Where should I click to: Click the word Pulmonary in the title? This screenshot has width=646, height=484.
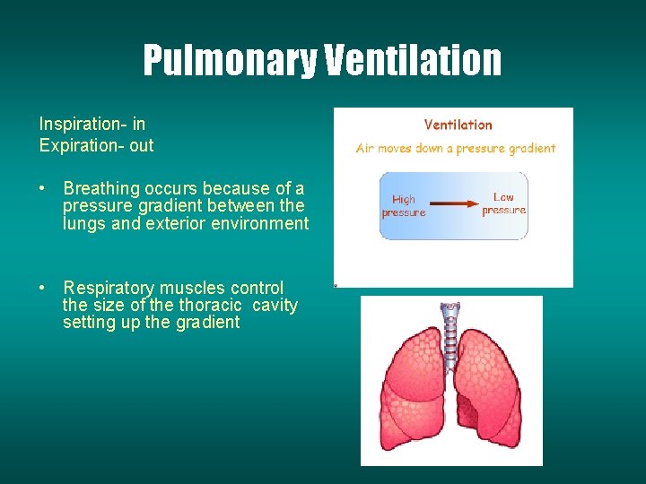coord(230,61)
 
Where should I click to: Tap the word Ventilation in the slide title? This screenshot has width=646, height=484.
coord(413,61)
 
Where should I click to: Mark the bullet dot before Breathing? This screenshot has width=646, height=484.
coord(42,189)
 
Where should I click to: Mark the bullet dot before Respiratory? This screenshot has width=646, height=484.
coord(42,289)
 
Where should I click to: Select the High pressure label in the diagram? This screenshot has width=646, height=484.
coord(403,206)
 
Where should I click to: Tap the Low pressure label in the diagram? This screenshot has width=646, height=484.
coord(503,203)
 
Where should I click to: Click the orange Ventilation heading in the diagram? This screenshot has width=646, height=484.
coord(458,125)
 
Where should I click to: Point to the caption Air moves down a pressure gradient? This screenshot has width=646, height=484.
coord(456,149)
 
